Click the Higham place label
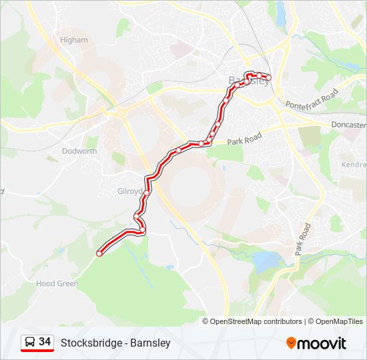point(73,40)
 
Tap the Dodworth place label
point(79,151)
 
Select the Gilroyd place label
point(130,191)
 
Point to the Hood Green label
point(57,283)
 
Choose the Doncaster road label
point(348,125)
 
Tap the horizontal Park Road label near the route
point(242,139)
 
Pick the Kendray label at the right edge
point(354,164)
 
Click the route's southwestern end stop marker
point(99,253)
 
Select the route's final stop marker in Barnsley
point(269,79)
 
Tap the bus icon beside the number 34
point(30,343)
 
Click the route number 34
point(45,342)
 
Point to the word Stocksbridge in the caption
point(90,343)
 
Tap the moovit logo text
point(322,343)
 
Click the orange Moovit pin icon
point(291,343)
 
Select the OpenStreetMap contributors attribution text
point(256,321)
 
